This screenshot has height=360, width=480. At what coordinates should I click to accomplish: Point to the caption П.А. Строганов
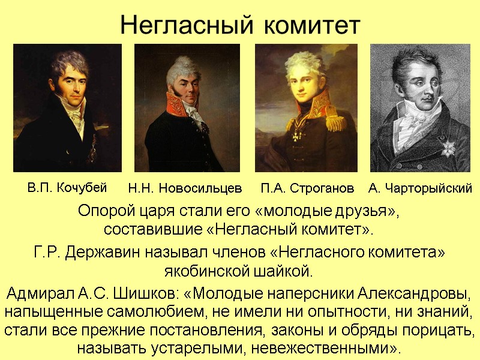click(x=307, y=189)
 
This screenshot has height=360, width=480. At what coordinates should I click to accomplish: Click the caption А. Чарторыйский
click(x=420, y=189)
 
